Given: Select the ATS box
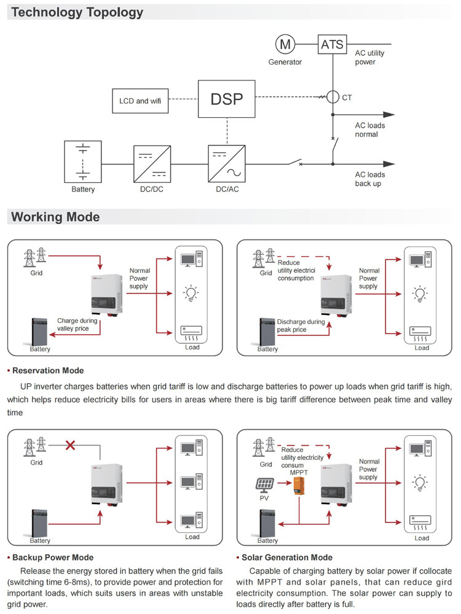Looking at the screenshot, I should coord(332,44).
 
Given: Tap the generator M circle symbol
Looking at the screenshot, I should coord(284,44).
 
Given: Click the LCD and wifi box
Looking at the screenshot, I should coord(140,101).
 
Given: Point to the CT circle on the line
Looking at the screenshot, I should coord(333,97).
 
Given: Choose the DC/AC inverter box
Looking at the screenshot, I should coord(227,163).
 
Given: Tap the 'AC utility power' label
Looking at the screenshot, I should coord(370,57).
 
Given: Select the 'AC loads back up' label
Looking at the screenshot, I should coord(370,179).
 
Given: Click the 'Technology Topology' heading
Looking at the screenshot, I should coord(77,12).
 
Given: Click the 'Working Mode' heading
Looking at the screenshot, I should coord(55,217).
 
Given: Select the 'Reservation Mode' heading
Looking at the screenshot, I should coord(48,371).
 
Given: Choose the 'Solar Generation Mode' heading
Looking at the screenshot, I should coord(287,558).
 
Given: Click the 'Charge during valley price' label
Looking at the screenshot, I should coord(78,324).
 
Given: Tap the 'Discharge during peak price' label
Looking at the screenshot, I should coord(301,325).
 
